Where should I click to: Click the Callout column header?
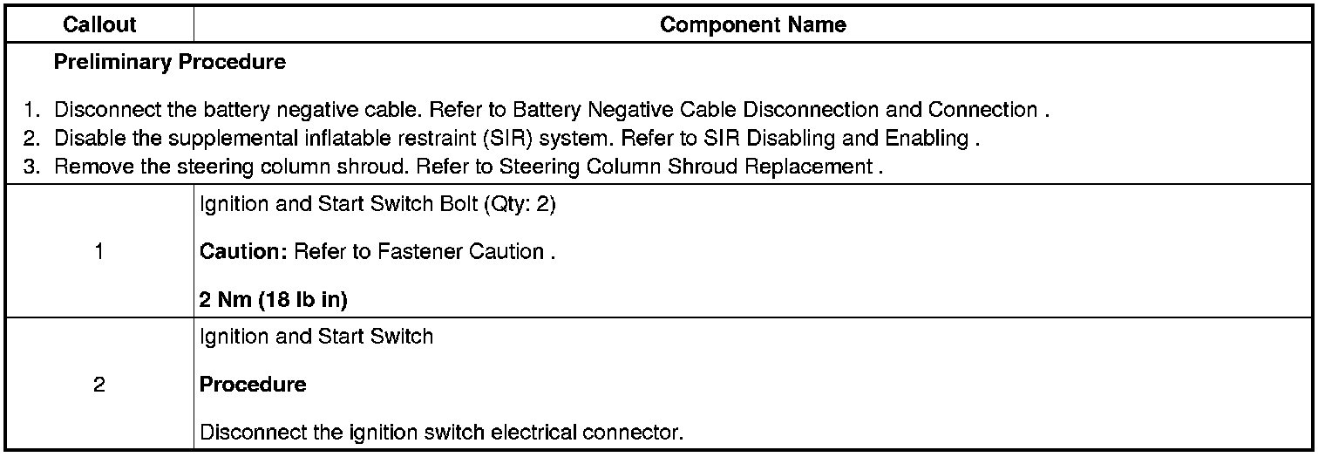click(99, 24)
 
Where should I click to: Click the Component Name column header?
click(752, 24)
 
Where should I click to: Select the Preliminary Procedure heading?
click(169, 63)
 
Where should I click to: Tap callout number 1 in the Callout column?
click(99, 252)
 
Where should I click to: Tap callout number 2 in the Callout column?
click(99, 385)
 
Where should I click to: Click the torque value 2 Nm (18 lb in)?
click(274, 300)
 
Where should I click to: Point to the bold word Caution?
click(243, 252)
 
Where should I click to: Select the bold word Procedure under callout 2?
click(253, 385)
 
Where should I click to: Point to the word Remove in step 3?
click(86, 167)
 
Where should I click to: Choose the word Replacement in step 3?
click(819, 167)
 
